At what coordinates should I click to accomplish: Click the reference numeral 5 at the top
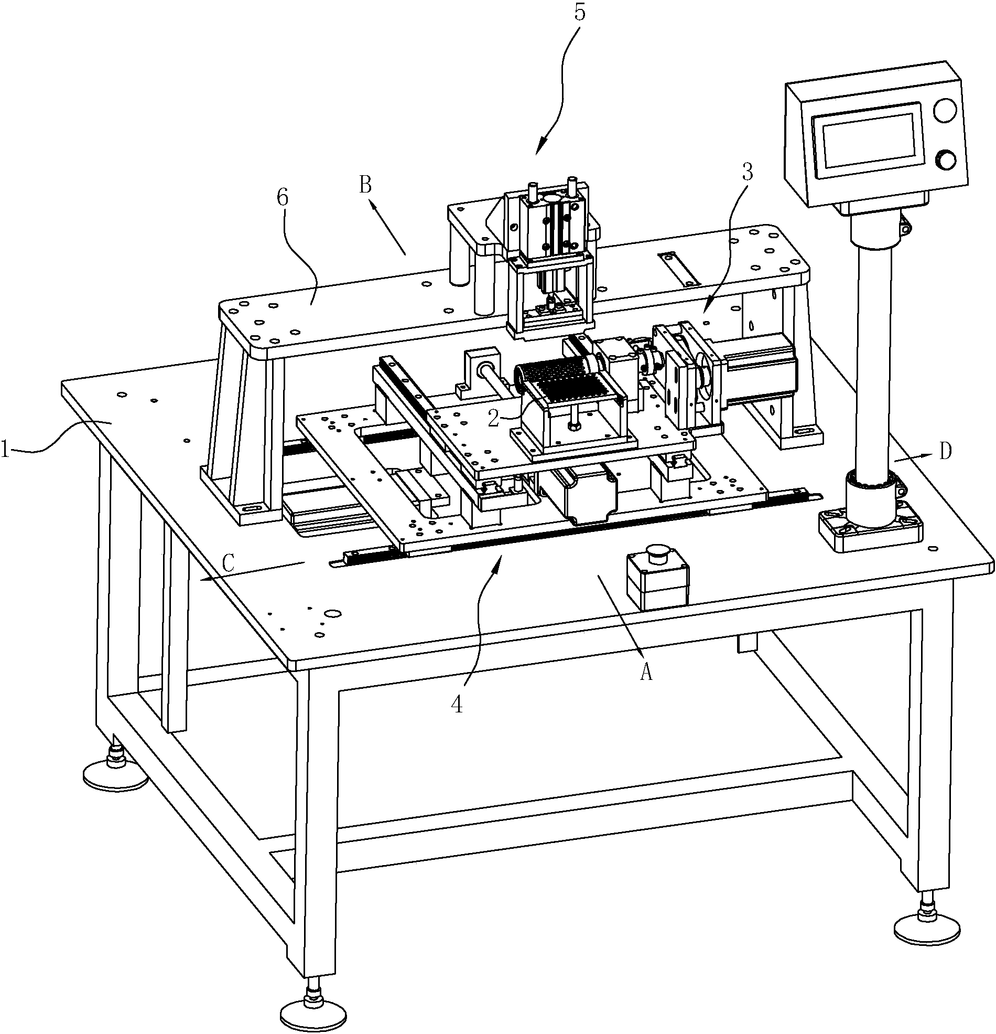click(x=579, y=12)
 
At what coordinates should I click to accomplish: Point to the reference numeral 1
click(x=5, y=451)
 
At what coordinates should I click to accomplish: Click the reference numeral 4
click(x=457, y=704)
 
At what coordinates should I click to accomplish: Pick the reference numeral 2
click(x=493, y=418)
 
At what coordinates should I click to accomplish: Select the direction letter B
click(x=366, y=186)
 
